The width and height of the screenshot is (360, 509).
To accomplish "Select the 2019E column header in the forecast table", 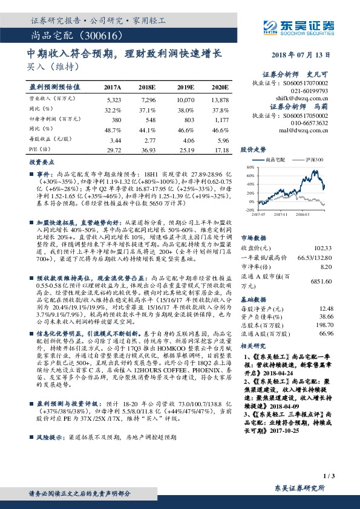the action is pyautogui.click(x=183, y=87).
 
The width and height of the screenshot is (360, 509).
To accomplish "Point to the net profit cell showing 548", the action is pyautogui.click(x=148, y=120).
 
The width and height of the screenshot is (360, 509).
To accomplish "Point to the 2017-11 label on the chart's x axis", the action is pyautogui.click(x=283, y=213).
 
